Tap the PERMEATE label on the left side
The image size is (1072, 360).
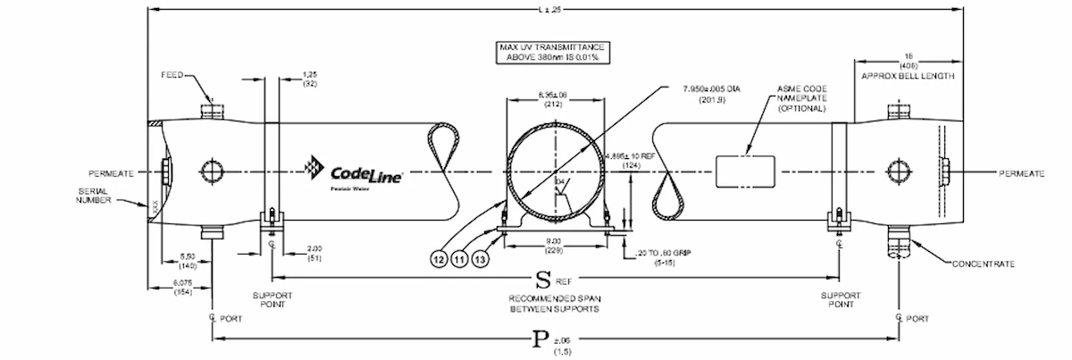tap(111, 173)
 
